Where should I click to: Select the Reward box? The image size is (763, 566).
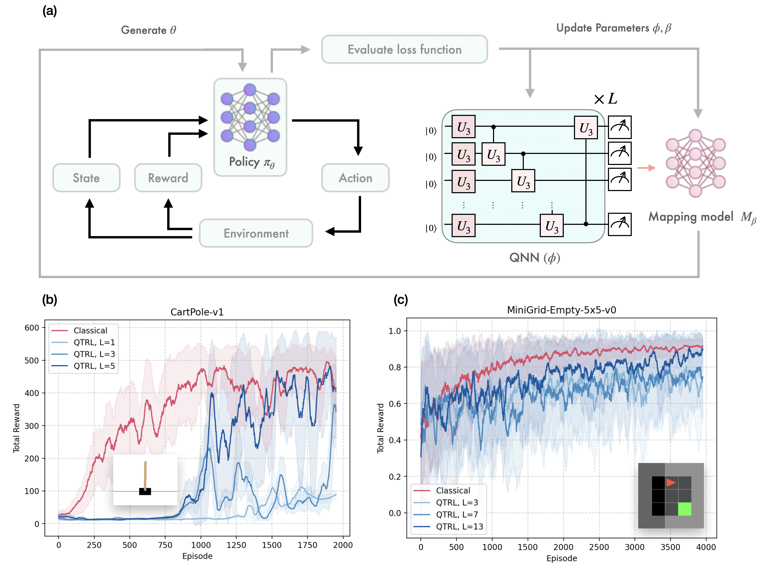pyautogui.click(x=168, y=178)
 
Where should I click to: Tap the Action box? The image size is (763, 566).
pyautogui.click(x=355, y=178)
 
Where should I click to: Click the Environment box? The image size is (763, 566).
pyautogui.click(x=256, y=233)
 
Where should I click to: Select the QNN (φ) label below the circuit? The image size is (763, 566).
pyautogui.click(x=534, y=258)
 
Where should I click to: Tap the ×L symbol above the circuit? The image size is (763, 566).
pyautogui.click(x=605, y=99)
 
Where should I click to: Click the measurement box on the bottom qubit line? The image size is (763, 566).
pyautogui.click(x=619, y=224)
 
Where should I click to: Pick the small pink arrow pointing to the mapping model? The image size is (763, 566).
pyautogui.click(x=646, y=168)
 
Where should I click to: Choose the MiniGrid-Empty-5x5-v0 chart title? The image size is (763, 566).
pyautogui.click(x=561, y=310)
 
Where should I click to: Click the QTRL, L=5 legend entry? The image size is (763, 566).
pyautogui.click(x=94, y=366)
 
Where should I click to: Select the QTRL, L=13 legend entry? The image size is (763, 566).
pyautogui.click(x=459, y=526)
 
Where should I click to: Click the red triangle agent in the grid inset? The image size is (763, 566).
pyautogui.click(x=670, y=483)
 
